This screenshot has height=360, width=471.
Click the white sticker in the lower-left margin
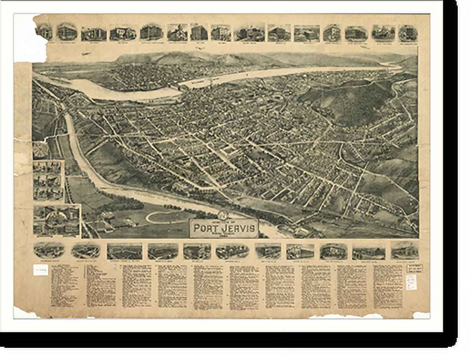[x=40, y=270]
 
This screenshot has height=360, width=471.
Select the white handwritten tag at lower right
[x=411, y=282]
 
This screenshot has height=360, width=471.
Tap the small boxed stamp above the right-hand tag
[x=414, y=268]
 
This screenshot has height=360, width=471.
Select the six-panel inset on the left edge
[x=48, y=180]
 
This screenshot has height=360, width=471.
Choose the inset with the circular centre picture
[x=57, y=220]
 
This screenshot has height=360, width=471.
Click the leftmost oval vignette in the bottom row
[x=49, y=250]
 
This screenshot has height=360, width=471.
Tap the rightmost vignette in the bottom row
[x=404, y=250]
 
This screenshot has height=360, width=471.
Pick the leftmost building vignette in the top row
[x=44, y=32]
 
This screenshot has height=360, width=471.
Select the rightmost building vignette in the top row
[x=407, y=33]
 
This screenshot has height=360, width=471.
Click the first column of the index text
[x=64, y=285]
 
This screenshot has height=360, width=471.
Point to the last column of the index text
[x=387, y=285]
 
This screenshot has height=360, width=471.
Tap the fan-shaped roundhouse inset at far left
[x=40, y=150]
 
